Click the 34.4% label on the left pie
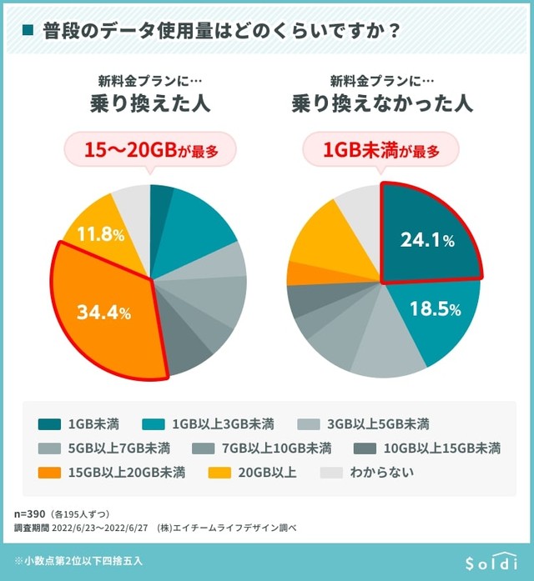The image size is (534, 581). [103, 313]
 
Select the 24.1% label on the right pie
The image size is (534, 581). [426, 241]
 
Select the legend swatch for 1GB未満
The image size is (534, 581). [51, 423]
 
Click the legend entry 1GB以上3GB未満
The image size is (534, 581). [222, 423]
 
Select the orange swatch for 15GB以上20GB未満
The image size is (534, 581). [51, 473]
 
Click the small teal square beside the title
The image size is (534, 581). [28, 31]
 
